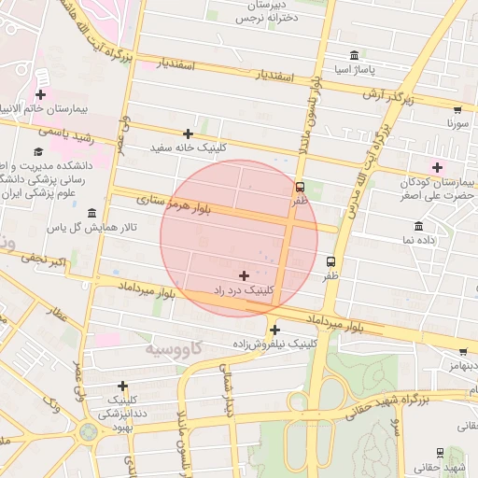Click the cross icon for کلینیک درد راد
coord(245,275)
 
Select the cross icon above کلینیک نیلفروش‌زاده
coord(274,330)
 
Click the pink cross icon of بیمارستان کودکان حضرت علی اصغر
coord(437,167)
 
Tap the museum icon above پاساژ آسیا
coord(354,56)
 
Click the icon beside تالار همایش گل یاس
coord(91,213)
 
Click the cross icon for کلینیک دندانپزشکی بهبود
coord(122,386)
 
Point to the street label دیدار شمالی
coord(224,392)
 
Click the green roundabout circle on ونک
coord(89,432)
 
